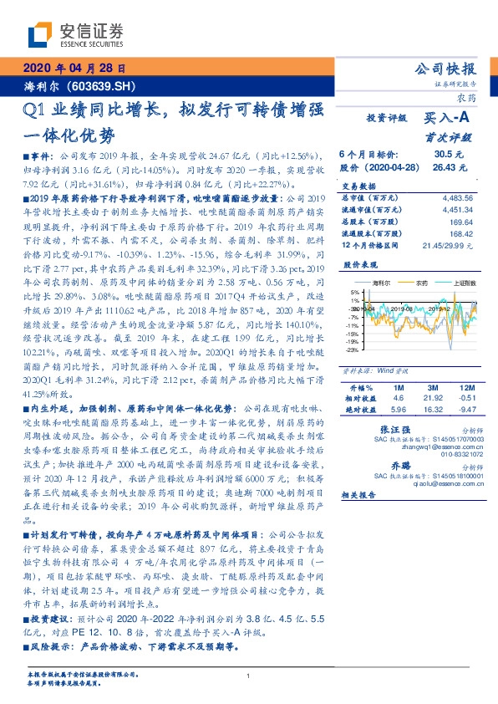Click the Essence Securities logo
point(75,34)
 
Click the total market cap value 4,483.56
point(456,197)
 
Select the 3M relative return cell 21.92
point(432,400)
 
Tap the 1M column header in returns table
point(398,389)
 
